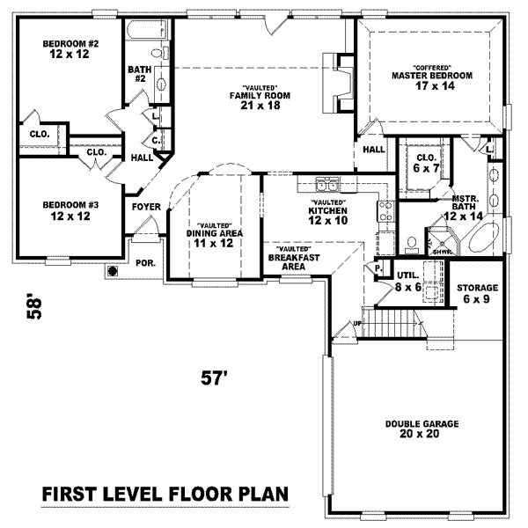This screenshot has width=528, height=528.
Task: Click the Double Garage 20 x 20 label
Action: point(422,429)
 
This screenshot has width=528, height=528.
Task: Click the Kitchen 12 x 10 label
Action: point(328,216)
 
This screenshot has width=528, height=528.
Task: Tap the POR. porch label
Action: point(144,263)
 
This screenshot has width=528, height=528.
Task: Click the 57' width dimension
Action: point(215,378)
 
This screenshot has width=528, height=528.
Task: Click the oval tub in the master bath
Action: point(484,238)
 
